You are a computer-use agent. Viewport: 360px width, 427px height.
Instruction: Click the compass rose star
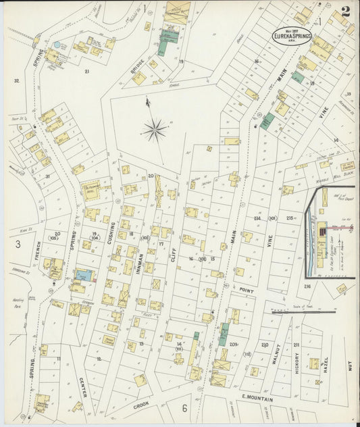point(155,127)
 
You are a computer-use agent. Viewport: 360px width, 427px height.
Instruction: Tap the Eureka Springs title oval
point(292,35)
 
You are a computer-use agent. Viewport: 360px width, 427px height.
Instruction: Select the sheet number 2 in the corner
point(346,11)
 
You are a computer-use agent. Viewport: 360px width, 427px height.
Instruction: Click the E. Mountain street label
point(257,399)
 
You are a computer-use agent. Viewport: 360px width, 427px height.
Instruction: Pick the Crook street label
point(140,405)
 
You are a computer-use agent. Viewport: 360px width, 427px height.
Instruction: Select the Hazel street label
point(326,364)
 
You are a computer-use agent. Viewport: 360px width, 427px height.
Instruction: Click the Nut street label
point(349,367)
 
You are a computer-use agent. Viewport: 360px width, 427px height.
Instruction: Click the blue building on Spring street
point(84,275)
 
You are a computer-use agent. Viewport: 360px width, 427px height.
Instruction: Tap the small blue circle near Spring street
point(57,45)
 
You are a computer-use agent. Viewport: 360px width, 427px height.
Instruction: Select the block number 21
point(86,70)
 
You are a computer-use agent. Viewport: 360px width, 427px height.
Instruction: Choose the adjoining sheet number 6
point(184,408)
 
